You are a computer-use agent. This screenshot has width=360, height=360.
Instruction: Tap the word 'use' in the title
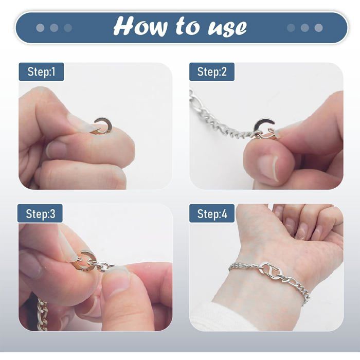[227, 28]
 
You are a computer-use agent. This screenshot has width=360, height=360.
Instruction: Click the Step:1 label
[41, 71]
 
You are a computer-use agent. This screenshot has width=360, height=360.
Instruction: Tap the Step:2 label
[212, 71]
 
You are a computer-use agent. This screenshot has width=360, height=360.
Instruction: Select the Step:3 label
[40, 213]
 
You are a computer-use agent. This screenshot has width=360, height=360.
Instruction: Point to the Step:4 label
[212, 213]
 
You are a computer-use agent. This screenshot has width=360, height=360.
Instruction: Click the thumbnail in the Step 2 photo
[268, 167]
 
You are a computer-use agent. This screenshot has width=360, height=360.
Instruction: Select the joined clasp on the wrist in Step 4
[273, 272]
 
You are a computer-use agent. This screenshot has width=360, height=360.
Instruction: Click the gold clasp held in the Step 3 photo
[85, 262]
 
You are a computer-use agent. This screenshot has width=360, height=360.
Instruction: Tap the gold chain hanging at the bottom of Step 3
[43, 315]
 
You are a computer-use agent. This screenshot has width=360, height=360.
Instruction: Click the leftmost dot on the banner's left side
[40, 28]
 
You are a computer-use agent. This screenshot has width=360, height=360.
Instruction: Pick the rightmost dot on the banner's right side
[318, 28]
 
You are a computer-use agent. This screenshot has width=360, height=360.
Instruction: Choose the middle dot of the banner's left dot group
[54, 28]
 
